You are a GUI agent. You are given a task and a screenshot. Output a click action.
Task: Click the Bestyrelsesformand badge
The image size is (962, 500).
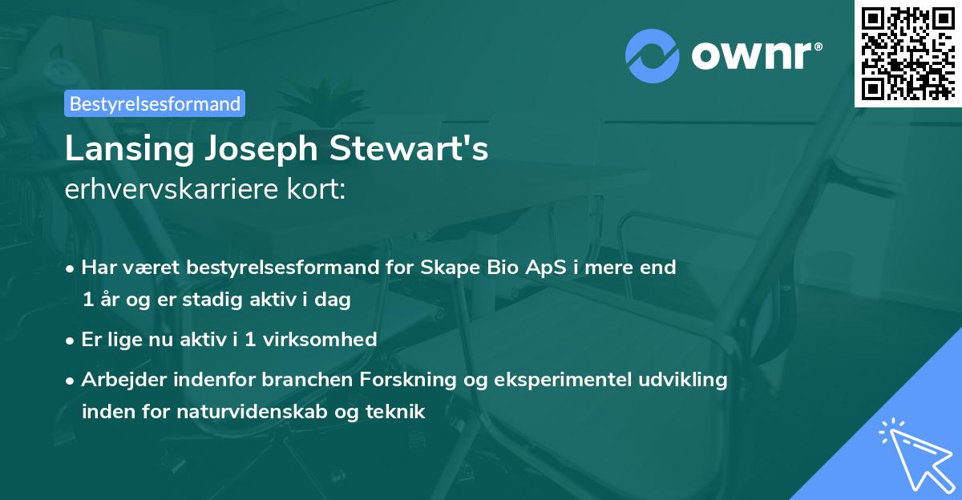click(155, 103)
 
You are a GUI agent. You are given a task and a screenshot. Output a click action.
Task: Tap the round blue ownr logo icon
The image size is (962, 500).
click(653, 54)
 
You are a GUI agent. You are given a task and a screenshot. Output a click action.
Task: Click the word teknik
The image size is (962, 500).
click(395, 412)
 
